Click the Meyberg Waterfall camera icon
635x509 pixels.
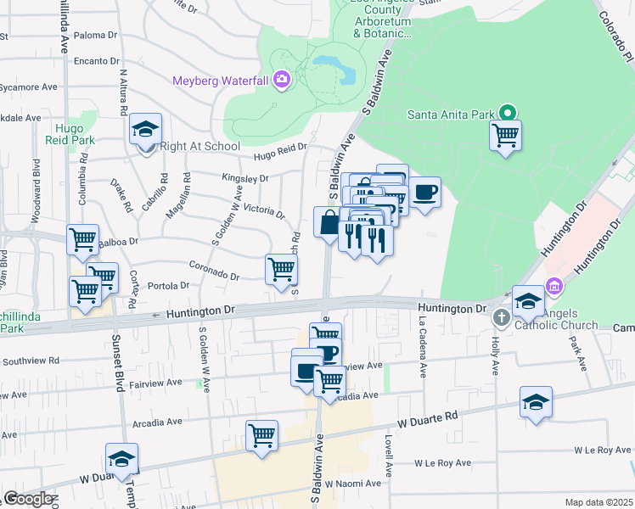[x=282, y=81]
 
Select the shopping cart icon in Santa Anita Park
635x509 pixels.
[x=506, y=134]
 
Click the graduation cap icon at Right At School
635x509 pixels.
[x=146, y=130]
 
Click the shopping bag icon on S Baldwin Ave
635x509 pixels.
[x=329, y=222]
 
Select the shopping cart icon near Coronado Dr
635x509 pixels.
[x=281, y=270]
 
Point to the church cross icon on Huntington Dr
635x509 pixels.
[x=502, y=317]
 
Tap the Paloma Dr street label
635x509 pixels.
[x=96, y=35]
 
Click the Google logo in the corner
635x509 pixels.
[x=28, y=499]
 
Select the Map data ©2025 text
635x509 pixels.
[x=598, y=502]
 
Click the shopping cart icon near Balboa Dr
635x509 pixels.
[x=82, y=240]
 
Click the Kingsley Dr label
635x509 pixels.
[x=245, y=178]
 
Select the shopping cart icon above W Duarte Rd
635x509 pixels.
[x=262, y=436]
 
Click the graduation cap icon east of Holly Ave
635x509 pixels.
[x=537, y=402]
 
